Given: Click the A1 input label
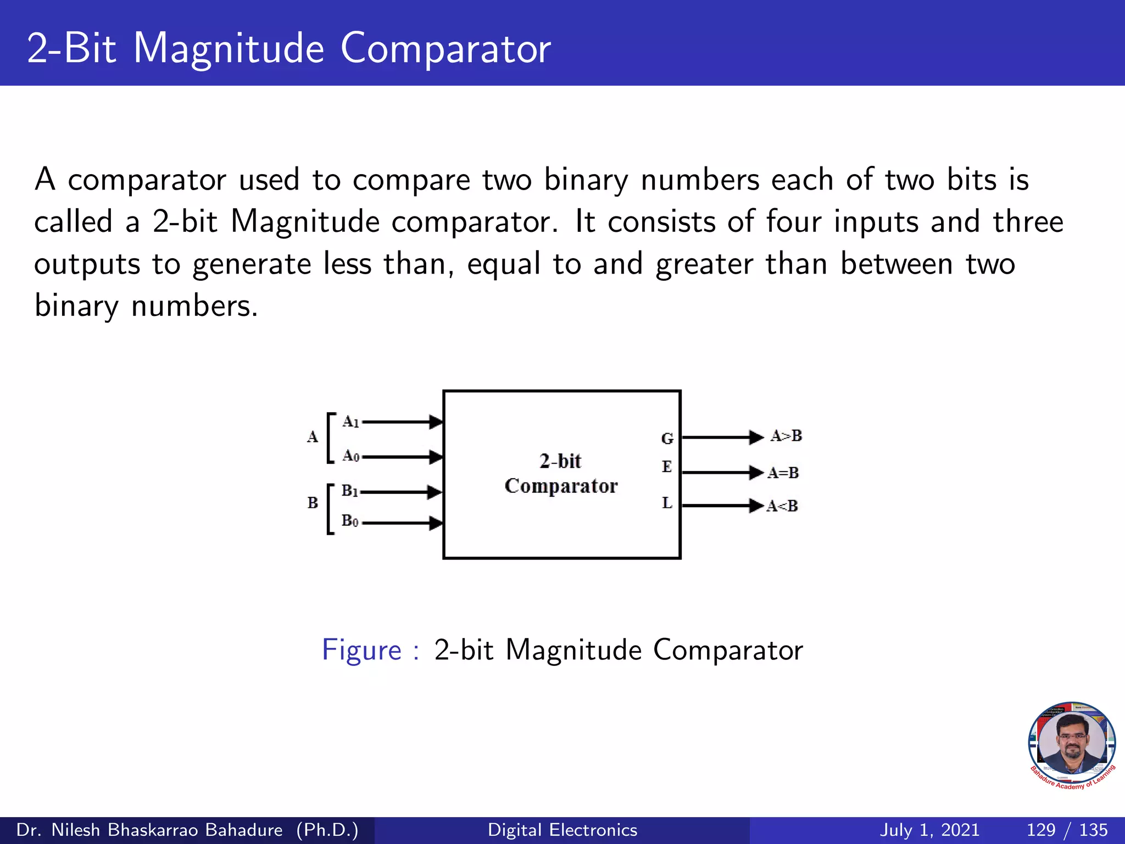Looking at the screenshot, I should pyautogui.click(x=350, y=422).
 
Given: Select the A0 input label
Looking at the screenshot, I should pyautogui.click(x=350, y=456).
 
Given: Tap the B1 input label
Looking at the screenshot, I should pyautogui.click(x=349, y=491).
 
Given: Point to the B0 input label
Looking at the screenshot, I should pyautogui.click(x=349, y=520).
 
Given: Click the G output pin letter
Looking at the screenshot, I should pyautogui.click(x=667, y=438).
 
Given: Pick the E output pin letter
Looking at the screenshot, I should pyautogui.click(x=667, y=467).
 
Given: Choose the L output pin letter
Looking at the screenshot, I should pyautogui.click(x=667, y=503).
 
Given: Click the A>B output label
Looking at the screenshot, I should pyautogui.click(x=786, y=436).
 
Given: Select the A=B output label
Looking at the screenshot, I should pyautogui.click(x=783, y=473).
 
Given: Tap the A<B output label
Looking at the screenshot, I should pyautogui.click(x=782, y=506).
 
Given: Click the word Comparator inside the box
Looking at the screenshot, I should pyautogui.click(x=561, y=486).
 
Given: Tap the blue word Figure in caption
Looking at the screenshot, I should pyautogui.click(x=362, y=650).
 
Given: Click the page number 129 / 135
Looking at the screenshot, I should pyautogui.click(x=1067, y=830).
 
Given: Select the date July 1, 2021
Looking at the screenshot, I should pyautogui.click(x=929, y=830).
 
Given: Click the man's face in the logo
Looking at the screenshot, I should pyautogui.click(x=1072, y=742).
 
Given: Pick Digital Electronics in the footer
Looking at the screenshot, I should pyautogui.click(x=562, y=830).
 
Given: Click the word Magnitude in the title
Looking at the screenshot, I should pyautogui.click(x=229, y=48).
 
